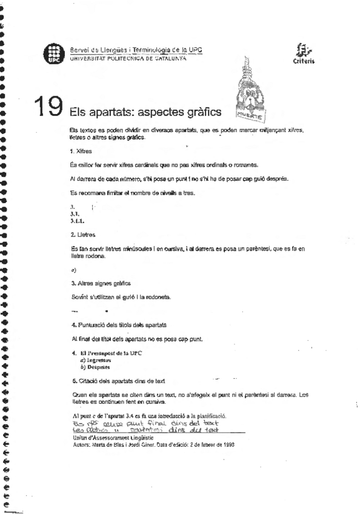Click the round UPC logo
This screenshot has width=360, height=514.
pos(53,54)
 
